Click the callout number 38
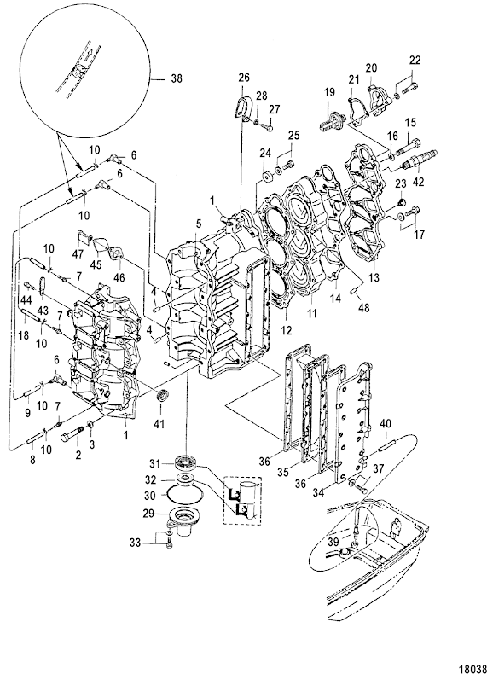(x=176, y=78)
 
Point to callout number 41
(x=159, y=424)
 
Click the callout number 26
(x=244, y=78)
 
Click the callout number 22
(x=415, y=60)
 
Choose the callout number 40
(x=385, y=424)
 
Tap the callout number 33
(x=135, y=543)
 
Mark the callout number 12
(x=287, y=330)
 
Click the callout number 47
(x=78, y=254)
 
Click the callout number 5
(x=198, y=224)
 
